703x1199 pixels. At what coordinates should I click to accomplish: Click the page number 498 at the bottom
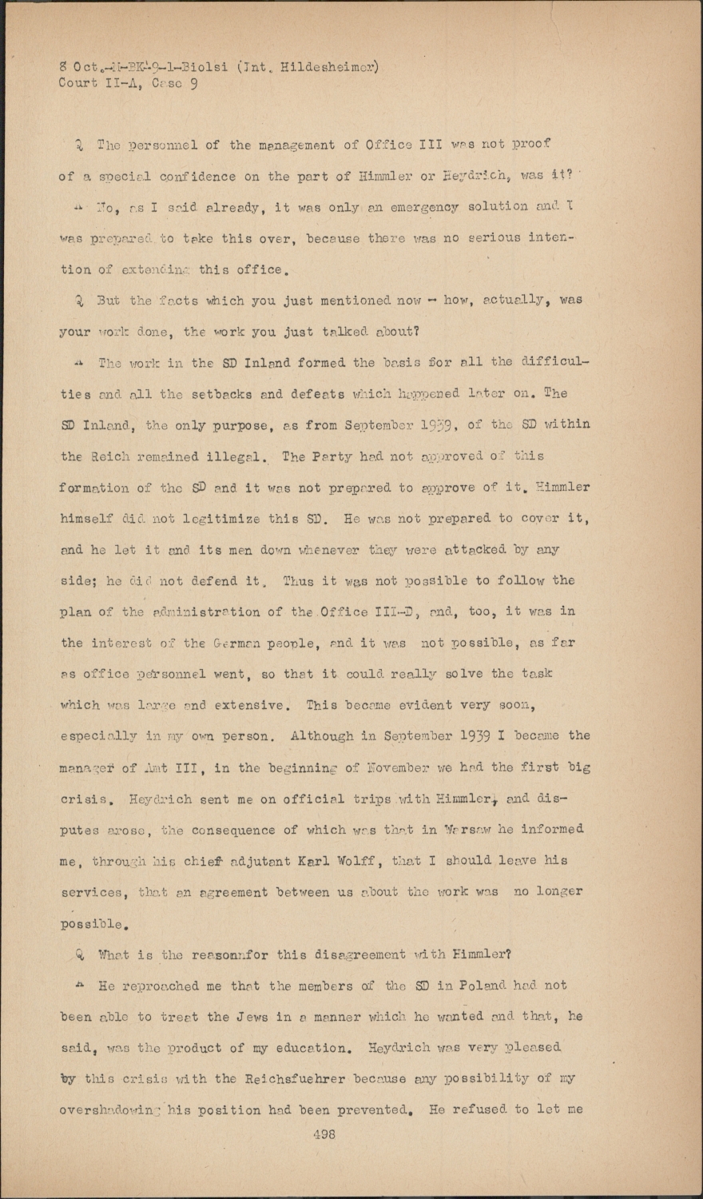click(x=324, y=1133)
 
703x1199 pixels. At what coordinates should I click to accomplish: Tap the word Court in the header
click(x=78, y=83)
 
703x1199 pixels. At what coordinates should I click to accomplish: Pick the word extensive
click(x=253, y=705)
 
